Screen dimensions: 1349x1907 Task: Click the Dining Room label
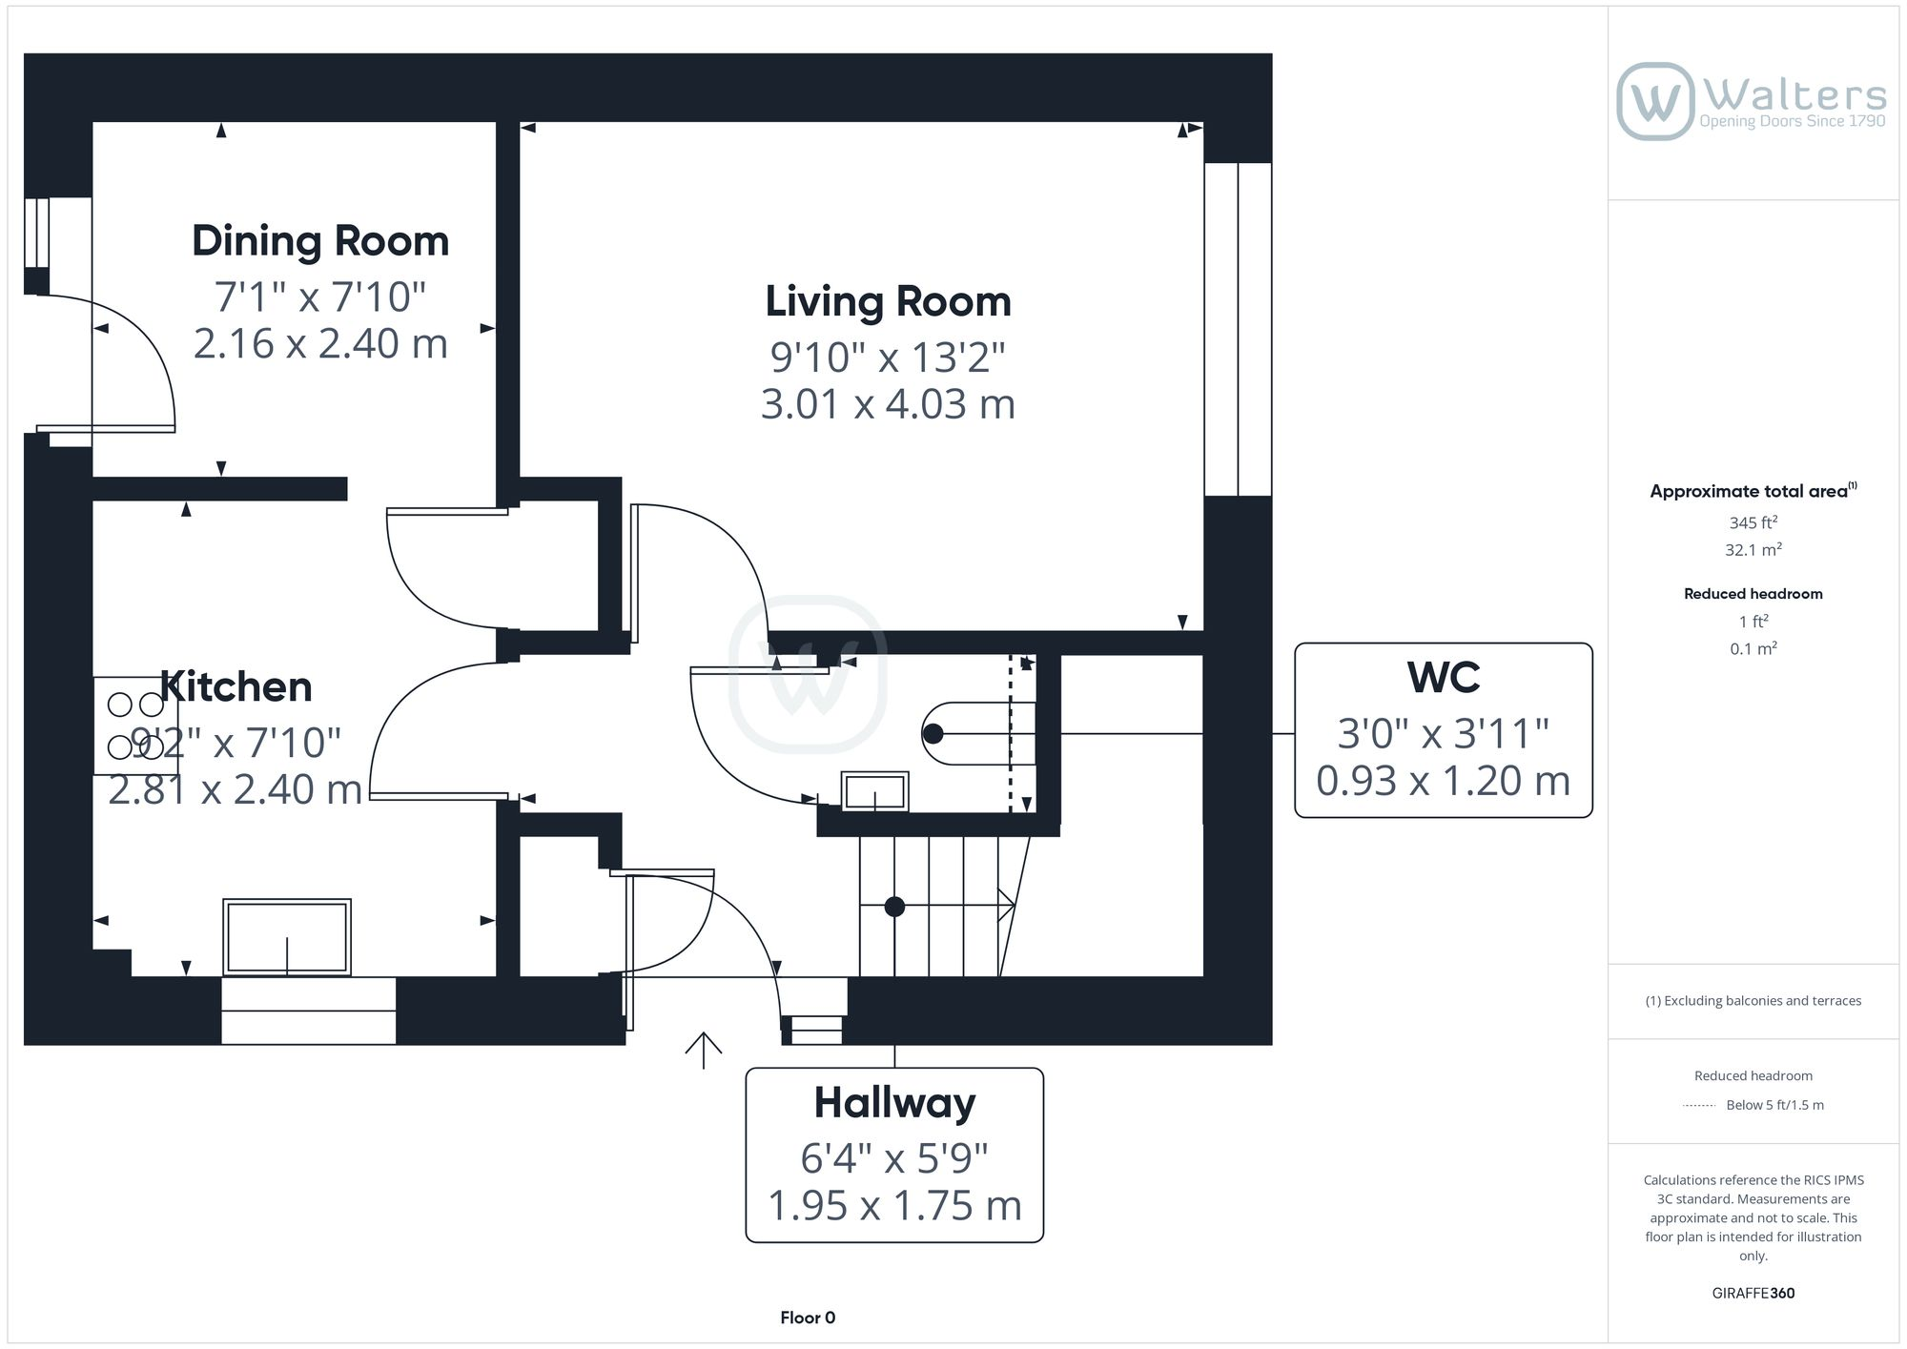pyautogui.click(x=320, y=240)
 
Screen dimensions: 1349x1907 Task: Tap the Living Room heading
pyautogui.click(x=888, y=301)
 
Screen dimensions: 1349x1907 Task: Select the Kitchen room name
pyautogui.click(x=236, y=686)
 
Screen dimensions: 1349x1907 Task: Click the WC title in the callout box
pyautogui.click(x=1443, y=678)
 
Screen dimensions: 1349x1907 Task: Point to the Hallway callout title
pyautogui.click(x=894, y=1103)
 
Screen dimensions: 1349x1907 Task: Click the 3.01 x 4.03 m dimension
pyautogui.click(x=888, y=404)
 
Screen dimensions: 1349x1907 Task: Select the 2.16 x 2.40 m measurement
pyautogui.click(x=320, y=343)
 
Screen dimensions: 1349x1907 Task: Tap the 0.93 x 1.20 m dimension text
pyautogui.click(x=1443, y=781)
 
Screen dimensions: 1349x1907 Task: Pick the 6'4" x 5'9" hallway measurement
pyautogui.click(x=894, y=1158)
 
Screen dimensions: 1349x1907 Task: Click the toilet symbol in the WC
pyautogui.click(x=968, y=733)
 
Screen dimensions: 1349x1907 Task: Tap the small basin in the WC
pyautogui.click(x=874, y=791)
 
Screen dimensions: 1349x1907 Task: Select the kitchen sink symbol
pyautogui.click(x=287, y=937)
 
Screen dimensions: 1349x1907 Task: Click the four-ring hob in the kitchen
pyautogui.click(x=134, y=726)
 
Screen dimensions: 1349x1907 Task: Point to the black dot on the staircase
pyautogui.click(x=894, y=907)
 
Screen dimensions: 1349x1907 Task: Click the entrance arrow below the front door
pyautogui.click(x=704, y=1050)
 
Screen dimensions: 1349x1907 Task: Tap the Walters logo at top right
pyautogui.click(x=1752, y=101)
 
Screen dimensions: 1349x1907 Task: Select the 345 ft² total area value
pyautogui.click(x=1753, y=522)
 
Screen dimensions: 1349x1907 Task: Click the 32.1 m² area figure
pyautogui.click(x=1753, y=550)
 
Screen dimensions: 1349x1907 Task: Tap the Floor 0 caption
pyautogui.click(x=808, y=1318)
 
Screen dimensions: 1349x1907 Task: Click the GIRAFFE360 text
pyautogui.click(x=1753, y=1293)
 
